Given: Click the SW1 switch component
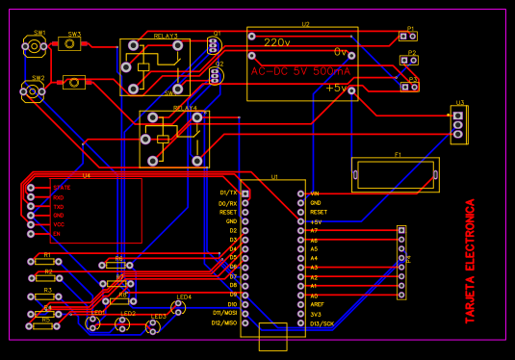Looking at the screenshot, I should [33, 45].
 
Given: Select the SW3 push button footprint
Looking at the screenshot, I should [73, 43].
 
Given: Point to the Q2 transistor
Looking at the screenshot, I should [216, 76].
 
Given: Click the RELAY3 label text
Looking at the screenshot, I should [166, 37].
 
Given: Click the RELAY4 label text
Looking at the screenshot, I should [184, 108].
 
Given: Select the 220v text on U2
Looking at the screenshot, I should [277, 42].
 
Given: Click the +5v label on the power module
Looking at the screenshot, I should [336, 88].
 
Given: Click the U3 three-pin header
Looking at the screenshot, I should [459, 124].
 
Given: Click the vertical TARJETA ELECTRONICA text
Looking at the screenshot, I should [471, 261].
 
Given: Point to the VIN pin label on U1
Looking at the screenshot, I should [315, 193].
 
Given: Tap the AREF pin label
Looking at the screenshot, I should [317, 304].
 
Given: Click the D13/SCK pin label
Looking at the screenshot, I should [322, 323].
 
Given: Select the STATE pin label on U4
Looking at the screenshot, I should [62, 188].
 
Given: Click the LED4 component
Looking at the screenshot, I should [177, 306].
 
